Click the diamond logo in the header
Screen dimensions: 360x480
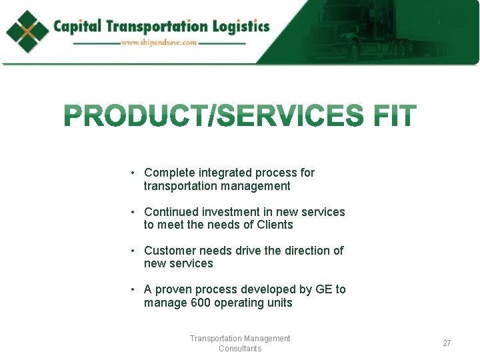(x=28, y=31)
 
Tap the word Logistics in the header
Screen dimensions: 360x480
(x=240, y=27)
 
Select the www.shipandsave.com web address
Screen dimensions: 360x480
(x=159, y=43)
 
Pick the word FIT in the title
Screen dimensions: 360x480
(x=395, y=116)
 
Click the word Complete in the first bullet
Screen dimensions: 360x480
(x=169, y=173)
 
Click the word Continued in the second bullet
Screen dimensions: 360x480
(x=171, y=212)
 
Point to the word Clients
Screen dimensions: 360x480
(x=275, y=225)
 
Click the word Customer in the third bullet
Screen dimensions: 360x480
(x=169, y=251)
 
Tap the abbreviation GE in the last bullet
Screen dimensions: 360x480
(x=324, y=289)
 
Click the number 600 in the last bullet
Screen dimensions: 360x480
(x=201, y=303)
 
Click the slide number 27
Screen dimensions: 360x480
(x=447, y=343)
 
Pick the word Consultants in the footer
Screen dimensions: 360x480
(x=240, y=349)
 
